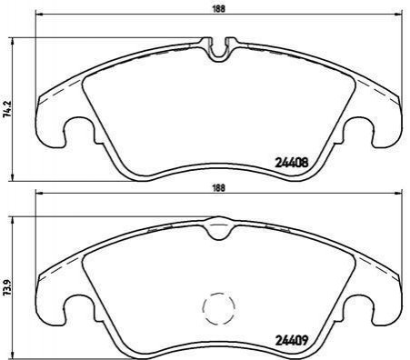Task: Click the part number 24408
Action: click(291, 163)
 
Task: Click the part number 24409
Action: click(291, 341)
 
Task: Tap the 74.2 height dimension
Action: click(8, 108)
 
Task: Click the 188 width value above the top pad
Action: click(219, 9)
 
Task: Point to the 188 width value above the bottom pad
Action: click(219, 188)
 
